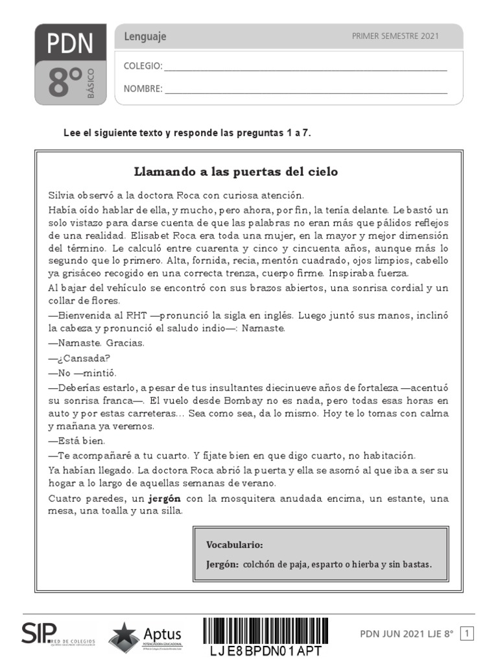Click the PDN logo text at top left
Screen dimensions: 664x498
click(69, 43)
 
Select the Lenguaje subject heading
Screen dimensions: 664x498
click(145, 37)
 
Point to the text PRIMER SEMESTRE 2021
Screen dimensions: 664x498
click(395, 36)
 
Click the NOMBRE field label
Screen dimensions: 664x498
click(143, 89)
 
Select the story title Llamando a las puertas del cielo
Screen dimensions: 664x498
click(235, 172)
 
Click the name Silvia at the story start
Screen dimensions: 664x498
click(61, 195)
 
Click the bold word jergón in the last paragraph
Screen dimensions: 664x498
click(165, 499)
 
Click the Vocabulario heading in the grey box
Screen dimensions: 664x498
click(234, 545)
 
